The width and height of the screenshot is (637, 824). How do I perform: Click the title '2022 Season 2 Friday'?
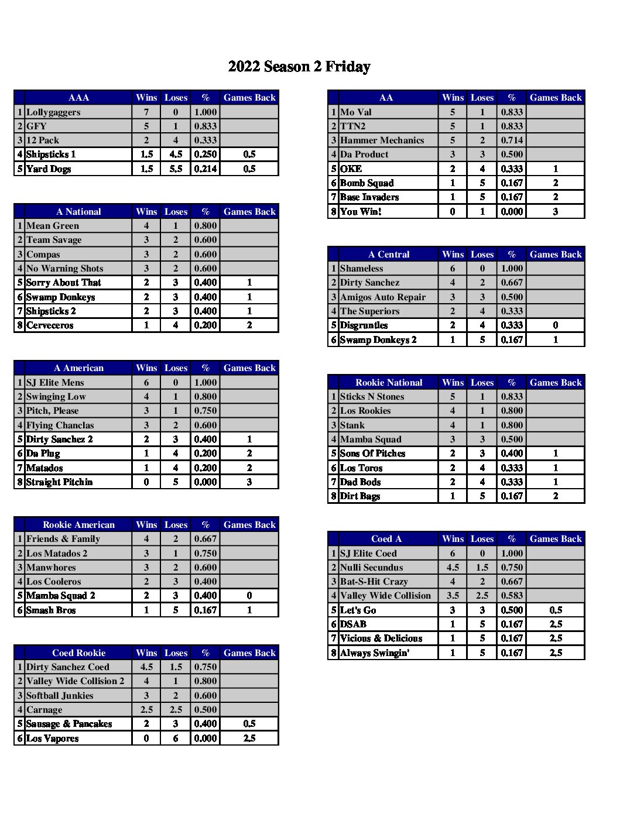point(299,67)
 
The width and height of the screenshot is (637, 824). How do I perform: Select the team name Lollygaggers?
point(53,112)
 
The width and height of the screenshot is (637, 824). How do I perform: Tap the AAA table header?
point(78,98)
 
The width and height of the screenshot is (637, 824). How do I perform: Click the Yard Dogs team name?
point(49,169)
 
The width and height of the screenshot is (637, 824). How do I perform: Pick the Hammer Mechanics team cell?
point(382,140)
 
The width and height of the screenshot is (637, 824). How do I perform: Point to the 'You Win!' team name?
point(361,212)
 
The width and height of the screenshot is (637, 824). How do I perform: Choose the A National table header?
point(78,212)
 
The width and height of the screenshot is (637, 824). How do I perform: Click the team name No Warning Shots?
point(64,269)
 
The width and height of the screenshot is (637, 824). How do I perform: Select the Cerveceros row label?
point(50,325)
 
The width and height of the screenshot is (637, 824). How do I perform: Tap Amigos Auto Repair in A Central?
point(383,297)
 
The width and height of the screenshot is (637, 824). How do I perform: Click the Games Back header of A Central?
point(555,255)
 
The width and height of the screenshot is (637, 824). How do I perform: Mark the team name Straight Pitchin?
point(59,482)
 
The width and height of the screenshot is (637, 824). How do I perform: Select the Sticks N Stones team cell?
point(372,397)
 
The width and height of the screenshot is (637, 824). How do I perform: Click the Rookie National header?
point(389,383)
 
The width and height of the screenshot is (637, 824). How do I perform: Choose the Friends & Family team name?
point(63,539)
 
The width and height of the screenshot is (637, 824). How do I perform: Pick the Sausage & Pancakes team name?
point(69,724)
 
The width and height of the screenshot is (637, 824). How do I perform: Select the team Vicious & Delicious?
point(381,638)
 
